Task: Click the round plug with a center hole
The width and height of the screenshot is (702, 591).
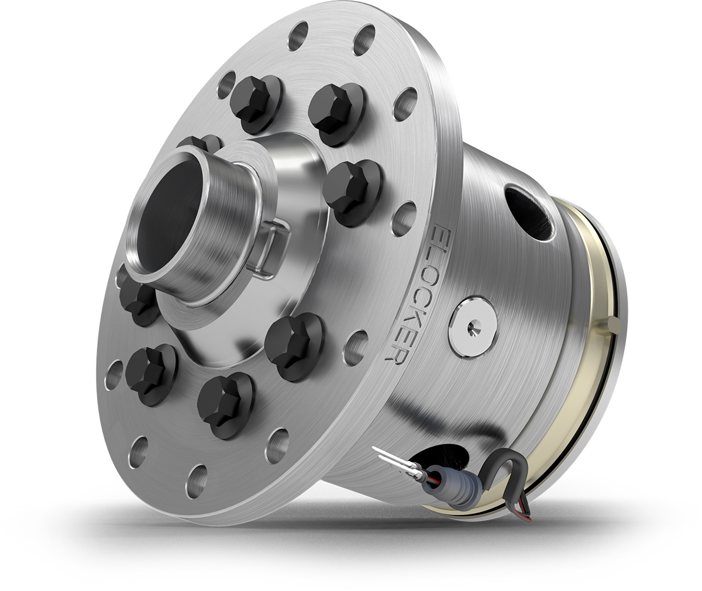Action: click(x=473, y=325)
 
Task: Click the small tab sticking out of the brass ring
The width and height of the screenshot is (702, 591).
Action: click(x=612, y=323)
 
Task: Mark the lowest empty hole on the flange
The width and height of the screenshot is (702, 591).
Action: click(x=198, y=472)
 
